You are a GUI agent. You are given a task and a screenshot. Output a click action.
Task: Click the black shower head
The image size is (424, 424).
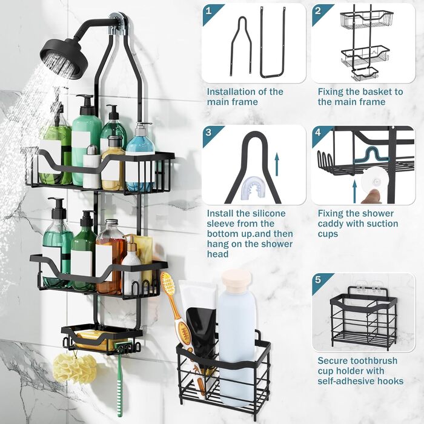tap(65, 58)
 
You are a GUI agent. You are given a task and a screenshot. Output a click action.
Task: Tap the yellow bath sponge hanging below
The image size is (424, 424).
tap(75, 368)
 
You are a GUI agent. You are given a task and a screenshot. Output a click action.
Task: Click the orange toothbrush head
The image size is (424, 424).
tap(168, 285)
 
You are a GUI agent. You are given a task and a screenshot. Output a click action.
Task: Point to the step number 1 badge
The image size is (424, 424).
tap(208, 11)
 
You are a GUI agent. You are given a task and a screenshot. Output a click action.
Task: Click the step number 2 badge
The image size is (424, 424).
tap(318, 11)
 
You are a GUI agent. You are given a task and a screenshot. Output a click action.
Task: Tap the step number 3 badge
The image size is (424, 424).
tap(208, 133)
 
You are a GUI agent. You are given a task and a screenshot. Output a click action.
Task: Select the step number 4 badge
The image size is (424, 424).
tap(318, 133)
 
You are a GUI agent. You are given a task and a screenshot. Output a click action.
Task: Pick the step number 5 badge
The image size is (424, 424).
tap(318, 280)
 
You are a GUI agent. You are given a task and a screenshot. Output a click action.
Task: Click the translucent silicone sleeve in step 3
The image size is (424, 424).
tap(254, 187)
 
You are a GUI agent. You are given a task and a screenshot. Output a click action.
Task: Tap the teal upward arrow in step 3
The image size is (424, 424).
tap(277, 164)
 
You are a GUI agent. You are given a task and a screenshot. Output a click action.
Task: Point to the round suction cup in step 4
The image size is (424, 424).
tap(374, 180)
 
